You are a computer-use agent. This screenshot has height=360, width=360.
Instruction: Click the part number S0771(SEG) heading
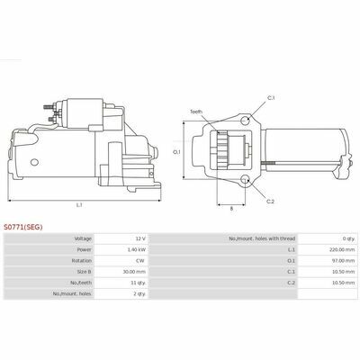coord(23,228)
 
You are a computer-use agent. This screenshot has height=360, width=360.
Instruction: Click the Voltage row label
coord(81,238)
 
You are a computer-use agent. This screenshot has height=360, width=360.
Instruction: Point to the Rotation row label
coord(81,260)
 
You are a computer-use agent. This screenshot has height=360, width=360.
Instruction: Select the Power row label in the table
coord(83,249)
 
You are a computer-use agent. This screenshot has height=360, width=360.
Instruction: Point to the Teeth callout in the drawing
coord(196,112)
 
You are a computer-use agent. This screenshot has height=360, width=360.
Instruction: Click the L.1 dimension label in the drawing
coord(78,205)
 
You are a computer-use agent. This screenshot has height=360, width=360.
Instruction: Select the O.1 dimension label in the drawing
coord(177,151)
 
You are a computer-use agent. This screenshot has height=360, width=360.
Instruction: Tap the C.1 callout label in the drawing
coord(271,97)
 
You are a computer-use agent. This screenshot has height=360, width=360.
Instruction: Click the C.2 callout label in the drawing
coord(271,201)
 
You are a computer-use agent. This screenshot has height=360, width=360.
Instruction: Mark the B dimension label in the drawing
coord(231,209)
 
